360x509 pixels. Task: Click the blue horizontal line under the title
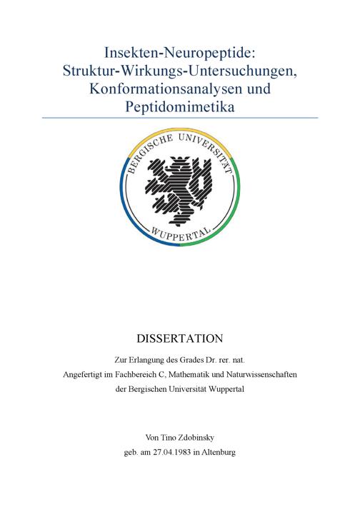click(x=179, y=118)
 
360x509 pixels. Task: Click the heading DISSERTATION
click(x=179, y=337)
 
